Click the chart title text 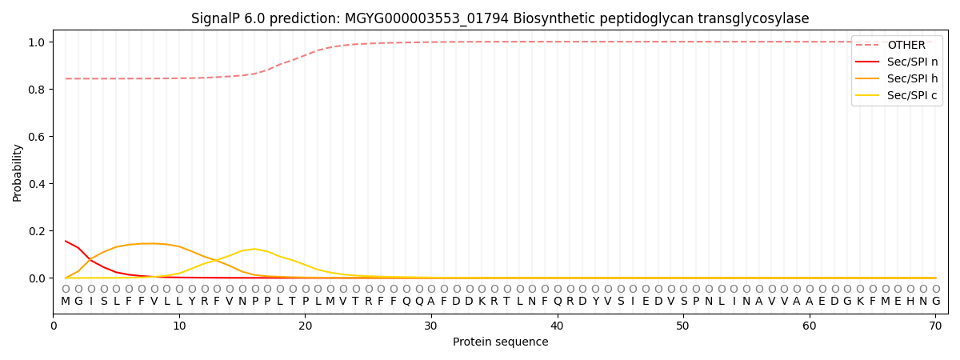pyautogui.click(x=500, y=18)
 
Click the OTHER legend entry pyautogui.click(x=906, y=46)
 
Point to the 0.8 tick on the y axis pyautogui.click(x=37, y=90)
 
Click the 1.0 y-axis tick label pyautogui.click(x=37, y=42)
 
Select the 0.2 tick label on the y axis pyautogui.click(x=37, y=231)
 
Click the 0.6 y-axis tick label pyautogui.click(x=37, y=137)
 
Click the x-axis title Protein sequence pyautogui.click(x=500, y=342)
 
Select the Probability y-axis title pyautogui.click(x=18, y=172)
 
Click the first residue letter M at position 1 pyautogui.click(x=66, y=302)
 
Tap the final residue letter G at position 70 pyautogui.click(x=935, y=302)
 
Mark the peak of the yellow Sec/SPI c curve pyautogui.click(x=254, y=249)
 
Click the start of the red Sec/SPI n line pyautogui.click(x=66, y=241)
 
